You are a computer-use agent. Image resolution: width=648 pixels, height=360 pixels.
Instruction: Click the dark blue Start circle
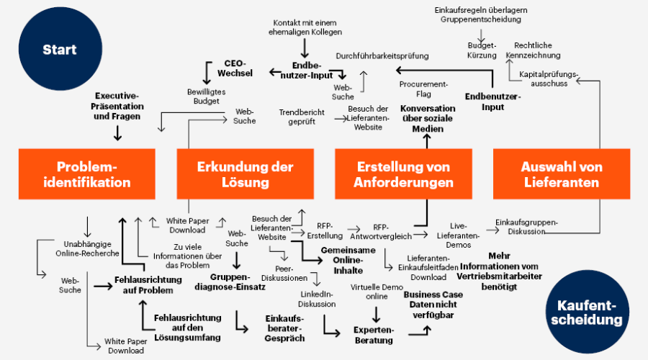pos(59,50)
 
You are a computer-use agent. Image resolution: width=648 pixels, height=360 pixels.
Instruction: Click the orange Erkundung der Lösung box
pos(245,174)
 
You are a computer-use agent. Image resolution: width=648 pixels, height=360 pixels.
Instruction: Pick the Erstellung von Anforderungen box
pos(403,174)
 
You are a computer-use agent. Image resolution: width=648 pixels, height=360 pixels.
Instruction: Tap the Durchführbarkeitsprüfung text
pos(382,55)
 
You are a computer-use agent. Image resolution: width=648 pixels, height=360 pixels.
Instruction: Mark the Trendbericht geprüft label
pos(302,117)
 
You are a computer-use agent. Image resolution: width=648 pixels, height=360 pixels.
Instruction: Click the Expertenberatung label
pos(374,334)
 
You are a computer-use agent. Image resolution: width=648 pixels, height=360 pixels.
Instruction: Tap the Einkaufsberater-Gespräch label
pos(285,328)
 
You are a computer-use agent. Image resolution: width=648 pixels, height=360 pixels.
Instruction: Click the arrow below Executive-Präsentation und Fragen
pos(117,133)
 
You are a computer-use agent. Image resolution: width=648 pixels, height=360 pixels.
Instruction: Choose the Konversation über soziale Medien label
pos(428,118)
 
